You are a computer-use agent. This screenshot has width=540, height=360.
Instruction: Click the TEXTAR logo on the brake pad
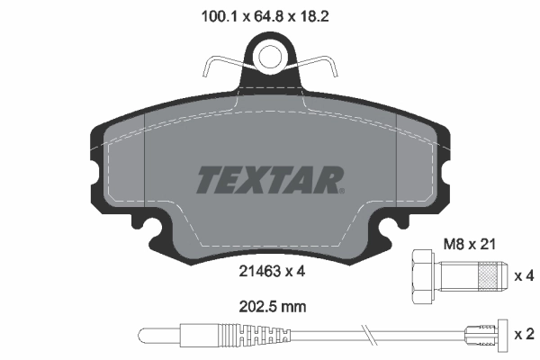(x=269, y=179)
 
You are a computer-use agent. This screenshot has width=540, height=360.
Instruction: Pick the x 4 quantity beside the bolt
(x=523, y=275)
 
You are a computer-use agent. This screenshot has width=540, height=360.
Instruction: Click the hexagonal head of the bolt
(x=421, y=274)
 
